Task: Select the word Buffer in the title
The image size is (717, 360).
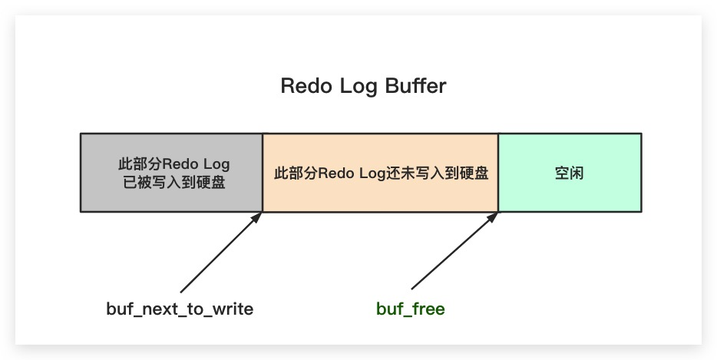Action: (418, 86)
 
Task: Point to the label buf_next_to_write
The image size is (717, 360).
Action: (180, 309)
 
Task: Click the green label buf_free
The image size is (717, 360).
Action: (411, 309)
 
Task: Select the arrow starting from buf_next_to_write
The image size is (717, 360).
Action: (220, 253)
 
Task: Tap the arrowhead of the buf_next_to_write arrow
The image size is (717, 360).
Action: (259, 216)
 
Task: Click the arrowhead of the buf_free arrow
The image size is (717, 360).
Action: (494, 216)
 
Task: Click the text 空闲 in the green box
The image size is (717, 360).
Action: (570, 173)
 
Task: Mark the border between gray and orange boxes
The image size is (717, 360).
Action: (263, 173)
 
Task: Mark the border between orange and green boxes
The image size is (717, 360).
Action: (498, 173)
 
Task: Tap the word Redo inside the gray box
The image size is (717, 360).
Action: (175, 165)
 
